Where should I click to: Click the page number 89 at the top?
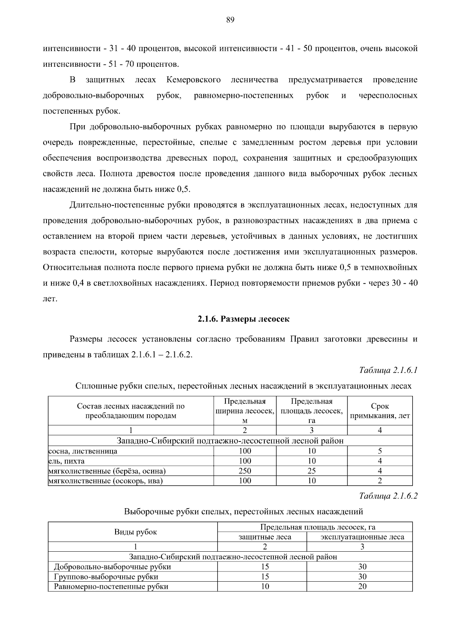click(x=230, y=20)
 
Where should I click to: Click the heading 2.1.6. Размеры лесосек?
click(x=243, y=319)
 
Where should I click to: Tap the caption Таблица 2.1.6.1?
click(x=388, y=370)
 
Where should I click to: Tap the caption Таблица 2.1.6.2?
click(x=388, y=496)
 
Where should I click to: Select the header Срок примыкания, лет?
click(x=379, y=411)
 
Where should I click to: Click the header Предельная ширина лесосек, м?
click(x=244, y=411)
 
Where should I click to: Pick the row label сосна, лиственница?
click(x=83, y=451)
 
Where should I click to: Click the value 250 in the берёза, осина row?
click(x=244, y=471)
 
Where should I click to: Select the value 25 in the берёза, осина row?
click(x=311, y=471)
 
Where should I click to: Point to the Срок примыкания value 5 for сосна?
click(x=379, y=451)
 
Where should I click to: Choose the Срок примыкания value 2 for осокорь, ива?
click(x=379, y=480)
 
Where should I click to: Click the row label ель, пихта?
click(x=67, y=461)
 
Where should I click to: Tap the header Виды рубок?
click(x=135, y=532)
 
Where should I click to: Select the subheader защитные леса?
click(x=265, y=537)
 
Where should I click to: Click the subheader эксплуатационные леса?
click(x=362, y=537)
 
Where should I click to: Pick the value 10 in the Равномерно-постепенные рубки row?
click(x=265, y=586)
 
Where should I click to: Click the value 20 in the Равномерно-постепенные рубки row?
click(x=362, y=586)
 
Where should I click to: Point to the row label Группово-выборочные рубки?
click(x=106, y=576)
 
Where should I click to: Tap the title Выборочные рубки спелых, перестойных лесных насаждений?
click(x=243, y=511)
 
